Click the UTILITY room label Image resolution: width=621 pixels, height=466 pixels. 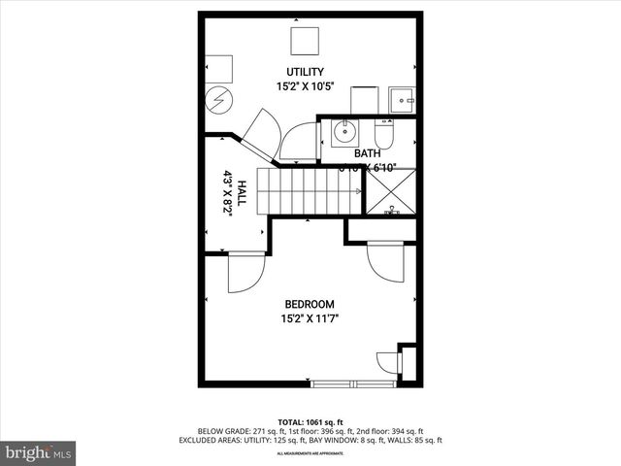[304, 72]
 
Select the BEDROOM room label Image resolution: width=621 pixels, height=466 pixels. [310, 304]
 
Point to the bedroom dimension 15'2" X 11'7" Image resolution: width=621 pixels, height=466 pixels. [310, 317]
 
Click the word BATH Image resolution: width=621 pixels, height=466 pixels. [367, 153]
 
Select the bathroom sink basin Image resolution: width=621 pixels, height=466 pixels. [343, 131]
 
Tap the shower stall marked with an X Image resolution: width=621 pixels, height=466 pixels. [390, 193]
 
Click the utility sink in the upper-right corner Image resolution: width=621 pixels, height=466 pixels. [401, 99]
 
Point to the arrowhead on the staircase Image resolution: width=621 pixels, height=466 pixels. [356, 191]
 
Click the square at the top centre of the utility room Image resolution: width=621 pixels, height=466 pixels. [305, 41]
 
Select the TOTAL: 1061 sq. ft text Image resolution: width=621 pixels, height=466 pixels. [310, 421]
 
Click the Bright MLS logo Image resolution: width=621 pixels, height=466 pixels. [39, 452]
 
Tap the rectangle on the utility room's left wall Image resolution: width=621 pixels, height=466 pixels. [218, 67]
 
